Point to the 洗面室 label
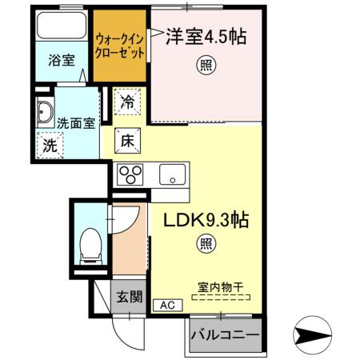pyautogui.click(x=77, y=123)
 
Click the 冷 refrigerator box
pyautogui.click(x=128, y=102)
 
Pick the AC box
pyautogui.click(x=167, y=304)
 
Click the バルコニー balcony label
pyautogui.click(x=225, y=334)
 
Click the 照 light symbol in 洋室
pyautogui.click(x=206, y=69)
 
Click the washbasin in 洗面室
pyautogui.click(x=45, y=114)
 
